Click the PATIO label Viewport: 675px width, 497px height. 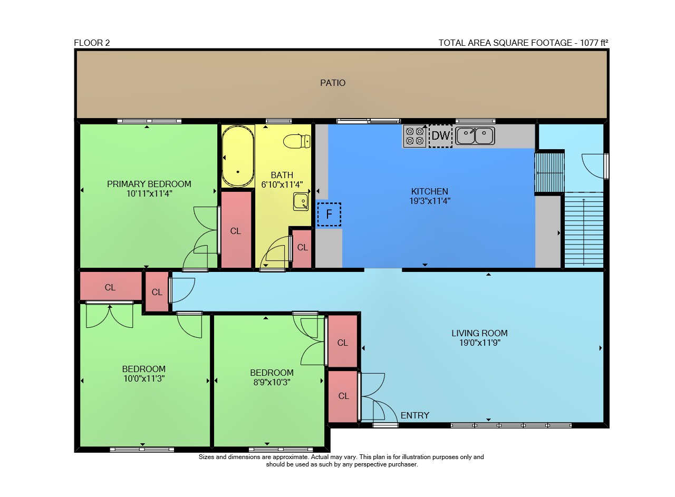(332, 83)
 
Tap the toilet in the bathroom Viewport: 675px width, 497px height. (297, 141)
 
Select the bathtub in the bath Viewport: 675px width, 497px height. (238, 156)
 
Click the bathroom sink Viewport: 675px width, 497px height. (301, 201)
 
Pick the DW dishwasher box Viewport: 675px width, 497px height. (440, 135)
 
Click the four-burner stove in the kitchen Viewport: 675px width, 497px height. (414, 136)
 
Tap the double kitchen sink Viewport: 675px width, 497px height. (475, 135)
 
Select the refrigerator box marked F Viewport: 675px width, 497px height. (329, 214)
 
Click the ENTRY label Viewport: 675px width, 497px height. (414, 415)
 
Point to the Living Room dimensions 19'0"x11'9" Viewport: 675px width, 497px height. (479, 343)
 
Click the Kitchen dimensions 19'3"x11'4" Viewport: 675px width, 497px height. (430, 201)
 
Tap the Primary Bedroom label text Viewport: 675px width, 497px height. (149, 184)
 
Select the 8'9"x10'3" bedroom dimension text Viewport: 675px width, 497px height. (272, 382)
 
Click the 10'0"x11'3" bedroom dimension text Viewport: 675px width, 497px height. (144, 378)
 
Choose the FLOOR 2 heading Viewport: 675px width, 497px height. (92, 43)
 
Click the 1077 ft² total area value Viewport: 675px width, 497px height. (594, 43)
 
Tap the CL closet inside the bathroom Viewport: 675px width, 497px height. (302, 248)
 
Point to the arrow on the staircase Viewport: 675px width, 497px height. (584, 232)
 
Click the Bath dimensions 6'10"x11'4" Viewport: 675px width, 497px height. (282, 184)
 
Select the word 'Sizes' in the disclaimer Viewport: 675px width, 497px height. (206, 457)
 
